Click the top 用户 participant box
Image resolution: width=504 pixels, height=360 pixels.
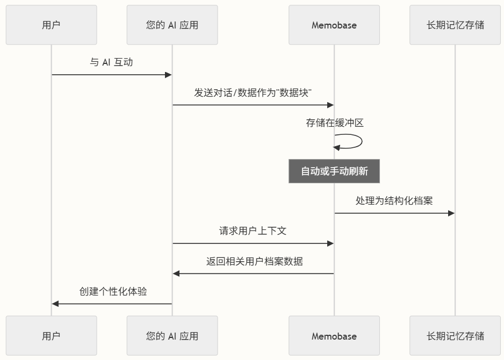52,25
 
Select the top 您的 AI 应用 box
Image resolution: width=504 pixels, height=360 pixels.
172,25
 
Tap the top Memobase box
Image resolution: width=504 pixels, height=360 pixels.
334,25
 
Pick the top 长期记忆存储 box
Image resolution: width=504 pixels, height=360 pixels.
455,25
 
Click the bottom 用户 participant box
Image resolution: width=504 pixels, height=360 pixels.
52,336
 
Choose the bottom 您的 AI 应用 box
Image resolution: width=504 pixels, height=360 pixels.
172,336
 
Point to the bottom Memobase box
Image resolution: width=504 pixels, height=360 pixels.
334,336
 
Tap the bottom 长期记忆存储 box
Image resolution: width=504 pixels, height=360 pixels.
455,336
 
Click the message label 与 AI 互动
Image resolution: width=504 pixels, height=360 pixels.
111,62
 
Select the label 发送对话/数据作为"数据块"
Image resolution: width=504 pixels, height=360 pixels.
253,92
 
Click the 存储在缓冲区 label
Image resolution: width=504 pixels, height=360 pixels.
335,123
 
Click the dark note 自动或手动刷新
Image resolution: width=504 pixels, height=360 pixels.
334,171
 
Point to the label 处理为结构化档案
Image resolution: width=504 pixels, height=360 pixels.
394,201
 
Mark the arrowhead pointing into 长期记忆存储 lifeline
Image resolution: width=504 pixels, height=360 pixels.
451,213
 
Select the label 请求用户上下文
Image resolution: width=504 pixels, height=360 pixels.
253,231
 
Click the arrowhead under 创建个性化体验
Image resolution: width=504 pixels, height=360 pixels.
55,304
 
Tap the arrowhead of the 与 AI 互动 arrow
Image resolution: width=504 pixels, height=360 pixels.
168,75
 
